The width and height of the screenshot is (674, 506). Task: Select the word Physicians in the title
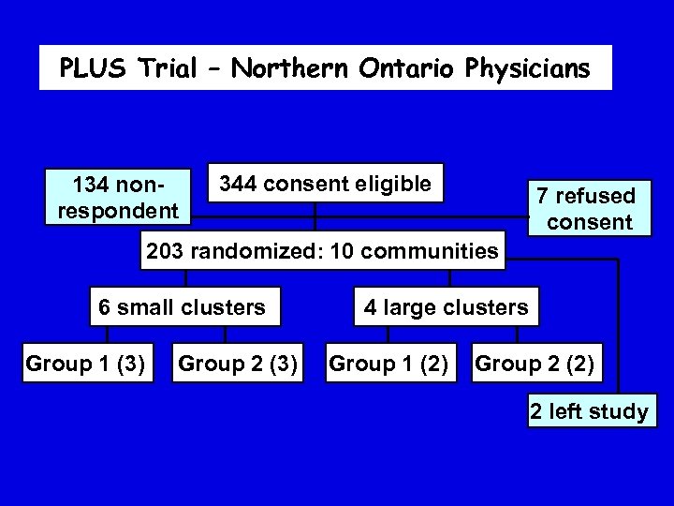(x=528, y=68)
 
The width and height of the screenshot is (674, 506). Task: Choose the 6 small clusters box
(x=183, y=305)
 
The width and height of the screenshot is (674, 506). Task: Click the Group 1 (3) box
(x=85, y=363)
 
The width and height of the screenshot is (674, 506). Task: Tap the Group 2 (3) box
(x=238, y=363)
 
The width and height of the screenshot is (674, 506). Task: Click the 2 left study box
(x=589, y=411)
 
